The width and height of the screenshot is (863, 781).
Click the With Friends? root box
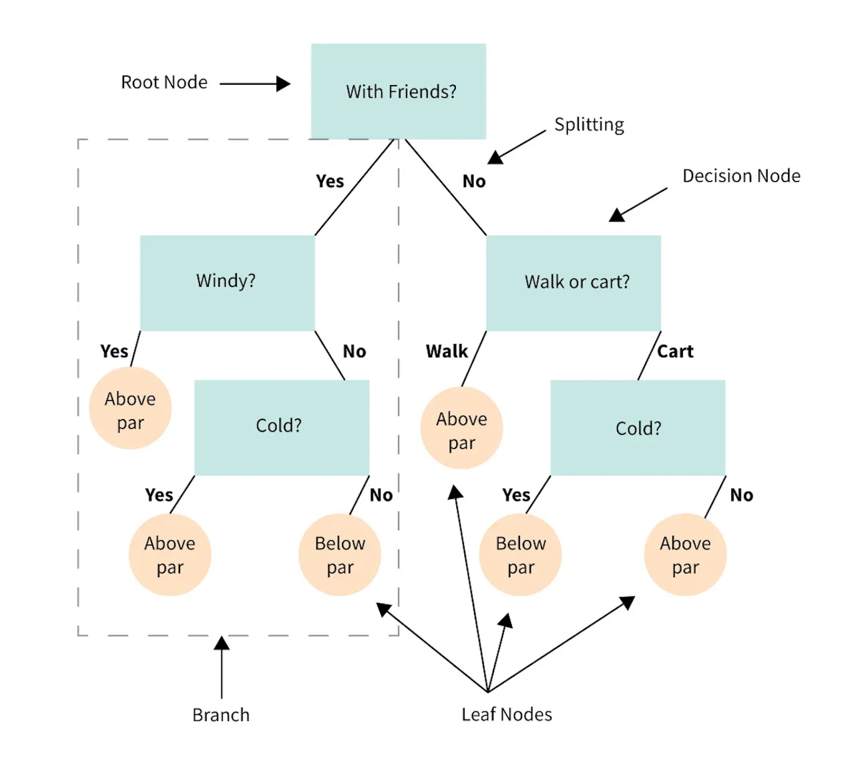[398, 91]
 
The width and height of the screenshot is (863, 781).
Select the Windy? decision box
[227, 283]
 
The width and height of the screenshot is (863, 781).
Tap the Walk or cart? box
[573, 283]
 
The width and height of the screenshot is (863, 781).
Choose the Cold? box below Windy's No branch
[282, 428]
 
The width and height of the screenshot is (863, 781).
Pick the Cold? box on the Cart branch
[638, 428]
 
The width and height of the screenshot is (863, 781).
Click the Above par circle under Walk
[462, 428]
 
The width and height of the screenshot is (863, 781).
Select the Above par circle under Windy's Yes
[130, 408]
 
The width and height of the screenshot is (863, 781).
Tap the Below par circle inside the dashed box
[340, 554]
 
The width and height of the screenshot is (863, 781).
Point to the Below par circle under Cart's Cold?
[520, 554]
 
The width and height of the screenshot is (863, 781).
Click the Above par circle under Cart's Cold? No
[685, 554]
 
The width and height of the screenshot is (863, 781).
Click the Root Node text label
[164, 82]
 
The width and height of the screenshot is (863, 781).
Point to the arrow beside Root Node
[255, 84]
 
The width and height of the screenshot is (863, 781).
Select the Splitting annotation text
[589, 125]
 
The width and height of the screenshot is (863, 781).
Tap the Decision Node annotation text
[741, 176]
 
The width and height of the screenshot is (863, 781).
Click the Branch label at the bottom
[221, 715]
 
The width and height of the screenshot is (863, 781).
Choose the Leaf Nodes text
[506, 714]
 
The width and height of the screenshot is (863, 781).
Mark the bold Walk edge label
[447, 351]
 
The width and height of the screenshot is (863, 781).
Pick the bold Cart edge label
[675, 351]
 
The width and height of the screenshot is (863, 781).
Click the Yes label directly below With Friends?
[330, 181]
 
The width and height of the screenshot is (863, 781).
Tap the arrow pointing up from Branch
[222, 667]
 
